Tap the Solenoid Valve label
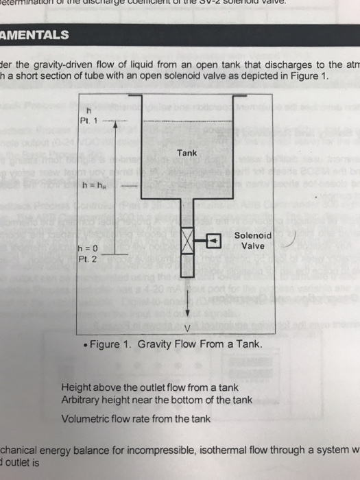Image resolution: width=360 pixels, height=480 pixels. (x=253, y=240)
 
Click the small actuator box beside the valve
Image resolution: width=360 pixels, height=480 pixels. (x=215, y=241)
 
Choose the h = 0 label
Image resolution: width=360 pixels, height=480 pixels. (x=89, y=250)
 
